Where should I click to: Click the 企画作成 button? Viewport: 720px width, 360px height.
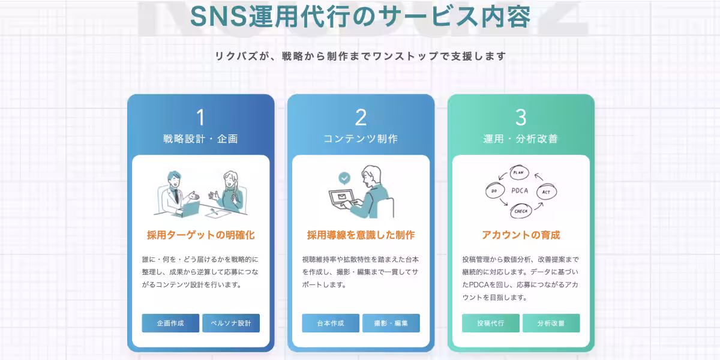(170, 323)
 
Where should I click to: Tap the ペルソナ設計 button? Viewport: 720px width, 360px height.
(231, 323)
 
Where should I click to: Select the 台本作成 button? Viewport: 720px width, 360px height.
(331, 323)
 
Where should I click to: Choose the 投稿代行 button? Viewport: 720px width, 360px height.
(491, 323)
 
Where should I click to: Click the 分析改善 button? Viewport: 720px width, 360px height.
(551, 323)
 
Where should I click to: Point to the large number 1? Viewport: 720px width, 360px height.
(200, 118)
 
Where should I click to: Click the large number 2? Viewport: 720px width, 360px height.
(361, 118)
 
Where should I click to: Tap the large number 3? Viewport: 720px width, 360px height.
(521, 118)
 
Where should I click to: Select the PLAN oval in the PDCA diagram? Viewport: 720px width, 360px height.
(519, 173)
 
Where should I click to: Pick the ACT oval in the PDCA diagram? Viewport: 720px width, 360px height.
(547, 192)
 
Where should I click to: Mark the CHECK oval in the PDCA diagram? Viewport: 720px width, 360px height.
(521, 211)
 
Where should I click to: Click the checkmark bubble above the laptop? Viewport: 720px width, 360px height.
(344, 178)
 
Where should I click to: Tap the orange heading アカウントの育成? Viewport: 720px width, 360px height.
(521, 235)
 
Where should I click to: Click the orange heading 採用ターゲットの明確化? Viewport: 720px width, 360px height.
(200, 235)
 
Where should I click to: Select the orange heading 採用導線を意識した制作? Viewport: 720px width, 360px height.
(361, 235)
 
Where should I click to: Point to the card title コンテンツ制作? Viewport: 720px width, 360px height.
(361, 139)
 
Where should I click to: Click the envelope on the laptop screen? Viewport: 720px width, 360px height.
(341, 196)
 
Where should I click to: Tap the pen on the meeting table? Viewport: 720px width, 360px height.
(214, 211)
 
